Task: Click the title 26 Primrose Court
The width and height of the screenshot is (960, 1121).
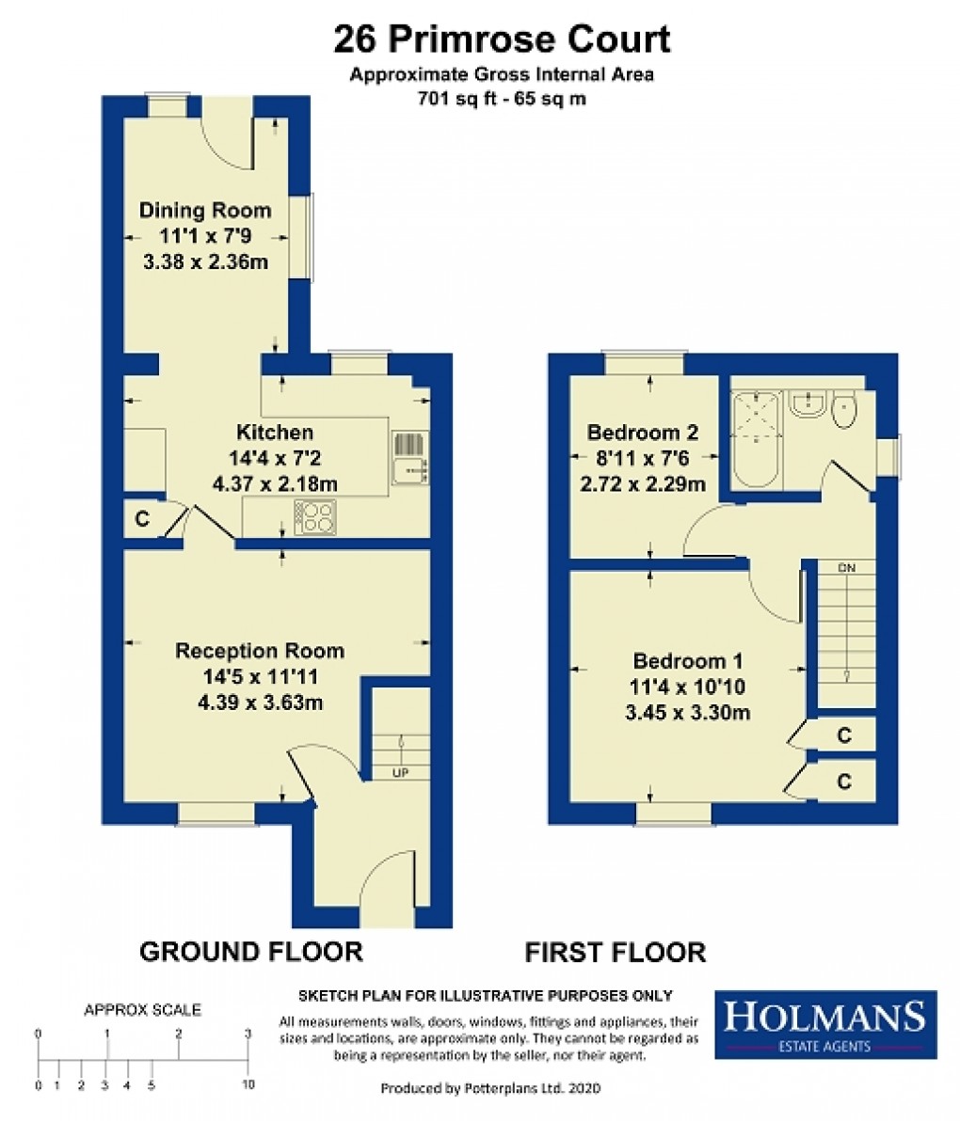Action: [x=502, y=39]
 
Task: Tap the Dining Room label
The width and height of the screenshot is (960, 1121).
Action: [x=205, y=211]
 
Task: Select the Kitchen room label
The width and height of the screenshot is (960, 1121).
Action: [x=274, y=433]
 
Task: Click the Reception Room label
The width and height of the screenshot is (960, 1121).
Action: [x=260, y=651]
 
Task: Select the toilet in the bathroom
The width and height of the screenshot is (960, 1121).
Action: [x=844, y=408]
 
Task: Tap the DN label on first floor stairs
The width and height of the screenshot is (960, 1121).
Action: [x=846, y=568]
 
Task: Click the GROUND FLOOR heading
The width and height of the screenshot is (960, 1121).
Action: [x=250, y=952]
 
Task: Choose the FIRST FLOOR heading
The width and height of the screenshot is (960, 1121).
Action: [x=615, y=952]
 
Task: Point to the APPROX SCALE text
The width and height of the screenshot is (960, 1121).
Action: [x=142, y=1011]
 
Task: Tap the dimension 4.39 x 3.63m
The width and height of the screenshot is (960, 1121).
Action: [x=260, y=702]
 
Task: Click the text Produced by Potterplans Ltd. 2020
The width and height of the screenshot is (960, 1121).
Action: [x=489, y=1088]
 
